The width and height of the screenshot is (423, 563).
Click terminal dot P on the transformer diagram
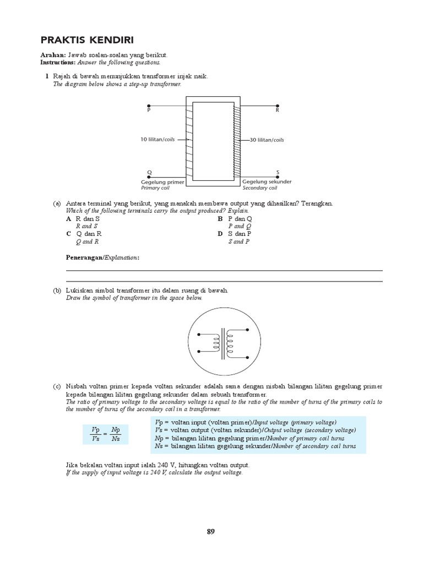(x=149, y=105)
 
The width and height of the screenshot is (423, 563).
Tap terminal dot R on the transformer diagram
(x=277, y=105)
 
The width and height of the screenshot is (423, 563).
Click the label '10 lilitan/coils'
(x=158, y=140)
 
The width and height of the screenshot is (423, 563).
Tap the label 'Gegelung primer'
(x=162, y=181)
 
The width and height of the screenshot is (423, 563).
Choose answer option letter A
(x=68, y=218)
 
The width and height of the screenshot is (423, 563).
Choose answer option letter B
(x=220, y=218)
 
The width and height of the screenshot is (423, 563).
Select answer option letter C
(x=68, y=234)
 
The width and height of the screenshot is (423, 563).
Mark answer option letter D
(x=220, y=234)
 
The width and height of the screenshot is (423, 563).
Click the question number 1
(x=47, y=76)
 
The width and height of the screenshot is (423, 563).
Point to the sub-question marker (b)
(x=57, y=290)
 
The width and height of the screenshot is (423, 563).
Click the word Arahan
(x=53, y=56)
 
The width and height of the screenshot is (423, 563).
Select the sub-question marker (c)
(x=57, y=387)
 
